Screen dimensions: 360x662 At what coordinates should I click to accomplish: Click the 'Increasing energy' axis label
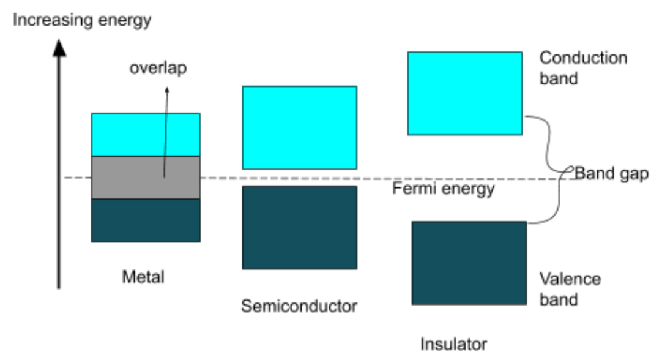[x=82, y=20]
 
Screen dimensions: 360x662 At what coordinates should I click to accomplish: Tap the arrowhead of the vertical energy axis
[x=59, y=47]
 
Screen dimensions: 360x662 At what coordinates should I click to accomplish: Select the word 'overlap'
[x=158, y=68]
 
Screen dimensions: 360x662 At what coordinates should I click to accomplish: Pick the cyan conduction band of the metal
[x=146, y=135]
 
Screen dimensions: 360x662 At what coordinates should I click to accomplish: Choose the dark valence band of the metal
[x=146, y=220]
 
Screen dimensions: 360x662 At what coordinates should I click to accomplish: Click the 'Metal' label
[x=143, y=277]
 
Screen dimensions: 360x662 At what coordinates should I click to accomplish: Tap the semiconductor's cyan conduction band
[x=299, y=127]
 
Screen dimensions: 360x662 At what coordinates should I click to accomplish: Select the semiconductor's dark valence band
[x=299, y=227]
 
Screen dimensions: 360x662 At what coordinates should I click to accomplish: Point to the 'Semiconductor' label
[x=299, y=306]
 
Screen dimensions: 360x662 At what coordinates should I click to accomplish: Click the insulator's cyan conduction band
[x=464, y=93]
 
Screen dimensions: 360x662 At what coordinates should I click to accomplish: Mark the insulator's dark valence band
[x=469, y=263]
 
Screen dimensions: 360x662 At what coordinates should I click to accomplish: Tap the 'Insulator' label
[x=453, y=343]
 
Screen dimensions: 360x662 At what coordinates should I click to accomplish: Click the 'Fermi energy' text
[x=442, y=189]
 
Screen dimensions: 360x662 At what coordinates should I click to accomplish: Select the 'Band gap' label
[x=611, y=174]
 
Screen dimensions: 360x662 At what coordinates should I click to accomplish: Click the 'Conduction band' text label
[x=582, y=68]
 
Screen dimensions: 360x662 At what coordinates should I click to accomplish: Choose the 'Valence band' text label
[x=570, y=289]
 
